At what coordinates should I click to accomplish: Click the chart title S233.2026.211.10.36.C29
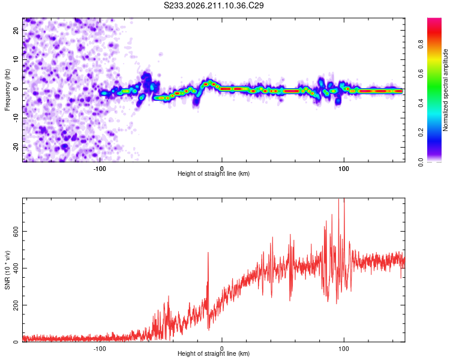(x=214, y=5)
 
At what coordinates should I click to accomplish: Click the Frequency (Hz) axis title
(x=7, y=90)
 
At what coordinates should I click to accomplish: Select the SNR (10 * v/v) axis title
(x=7, y=270)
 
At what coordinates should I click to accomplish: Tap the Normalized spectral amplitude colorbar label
(x=445, y=90)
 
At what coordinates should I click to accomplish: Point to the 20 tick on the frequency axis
(x=16, y=30)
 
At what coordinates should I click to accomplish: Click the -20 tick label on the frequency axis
(x=16, y=147)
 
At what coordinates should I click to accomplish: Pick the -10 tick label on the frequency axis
(x=16, y=118)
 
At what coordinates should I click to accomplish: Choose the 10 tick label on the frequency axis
(x=16, y=59)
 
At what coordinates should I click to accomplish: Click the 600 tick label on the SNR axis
(x=16, y=232)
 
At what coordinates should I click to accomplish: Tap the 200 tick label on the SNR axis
(x=16, y=305)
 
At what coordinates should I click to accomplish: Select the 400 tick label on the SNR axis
(x=16, y=268)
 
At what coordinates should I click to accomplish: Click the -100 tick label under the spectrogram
(x=100, y=169)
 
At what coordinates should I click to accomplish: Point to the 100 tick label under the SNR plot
(x=344, y=349)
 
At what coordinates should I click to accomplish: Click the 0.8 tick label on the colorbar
(x=421, y=44)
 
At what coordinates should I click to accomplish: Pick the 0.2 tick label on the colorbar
(x=421, y=133)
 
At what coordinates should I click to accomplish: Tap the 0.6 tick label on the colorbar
(x=421, y=74)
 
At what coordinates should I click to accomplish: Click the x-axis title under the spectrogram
(x=214, y=173)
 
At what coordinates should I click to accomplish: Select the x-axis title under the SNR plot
(x=214, y=353)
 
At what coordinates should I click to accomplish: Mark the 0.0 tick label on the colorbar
(x=421, y=162)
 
